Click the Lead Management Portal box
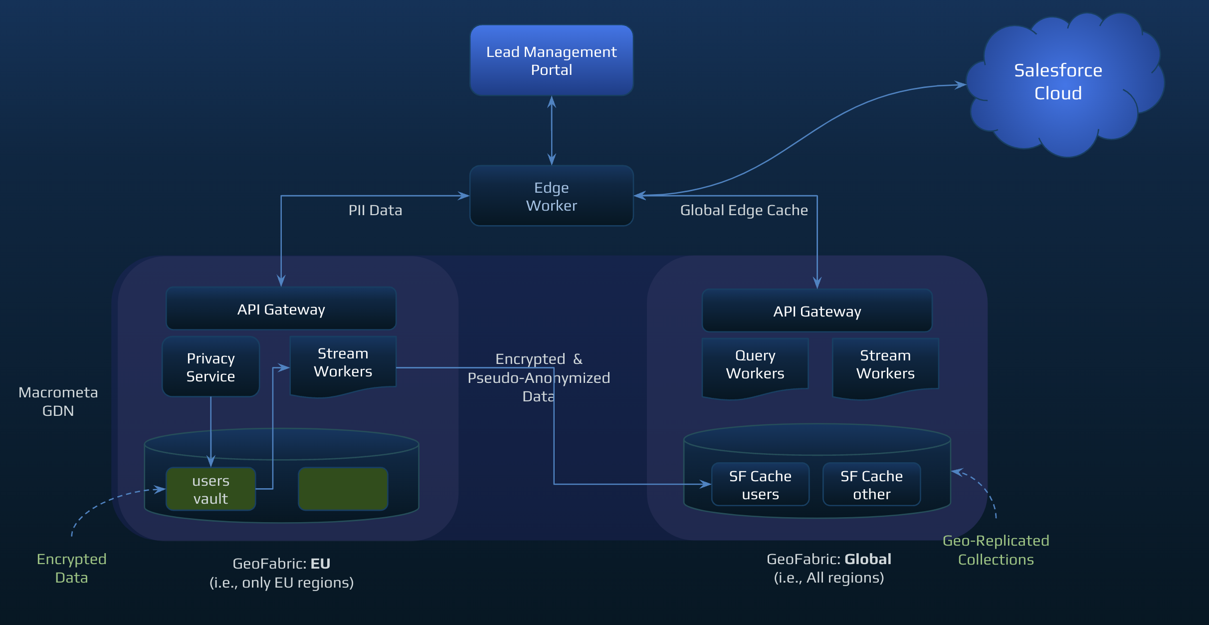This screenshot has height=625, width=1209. pyautogui.click(x=551, y=60)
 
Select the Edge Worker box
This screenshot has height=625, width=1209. pyautogui.click(x=551, y=196)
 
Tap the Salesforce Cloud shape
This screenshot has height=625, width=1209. pyautogui.click(x=1057, y=82)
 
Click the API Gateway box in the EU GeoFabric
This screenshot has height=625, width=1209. pyautogui.click(x=281, y=309)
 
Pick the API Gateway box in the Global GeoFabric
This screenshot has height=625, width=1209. pyautogui.click(x=816, y=311)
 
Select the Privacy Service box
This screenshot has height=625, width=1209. pyautogui.click(x=210, y=367)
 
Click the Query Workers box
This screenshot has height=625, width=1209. pyautogui.click(x=755, y=365)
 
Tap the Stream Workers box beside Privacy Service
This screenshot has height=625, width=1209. pyautogui.click(x=343, y=363)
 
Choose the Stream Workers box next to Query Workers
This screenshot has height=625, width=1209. pyautogui.click(x=885, y=365)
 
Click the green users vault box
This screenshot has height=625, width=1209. pyautogui.click(x=210, y=489)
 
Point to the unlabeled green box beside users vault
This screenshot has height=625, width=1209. pyautogui.click(x=343, y=489)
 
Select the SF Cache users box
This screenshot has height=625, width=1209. pyautogui.click(x=760, y=485)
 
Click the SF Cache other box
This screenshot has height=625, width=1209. pyautogui.click(x=871, y=485)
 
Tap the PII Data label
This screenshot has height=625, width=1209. pyautogui.click(x=375, y=210)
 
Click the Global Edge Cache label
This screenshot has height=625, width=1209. pyautogui.click(x=744, y=210)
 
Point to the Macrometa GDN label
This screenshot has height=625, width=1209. pyautogui.click(x=58, y=401)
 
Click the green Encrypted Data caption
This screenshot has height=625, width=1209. pyautogui.click(x=71, y=568)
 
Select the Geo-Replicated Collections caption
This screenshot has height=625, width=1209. pyautogui.click(x=996, y=550)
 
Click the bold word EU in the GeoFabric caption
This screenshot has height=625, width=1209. pyautogui.click(x=320, y=564)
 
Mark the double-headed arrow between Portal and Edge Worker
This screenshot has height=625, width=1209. pyautogui.click(x=551, y=131)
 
